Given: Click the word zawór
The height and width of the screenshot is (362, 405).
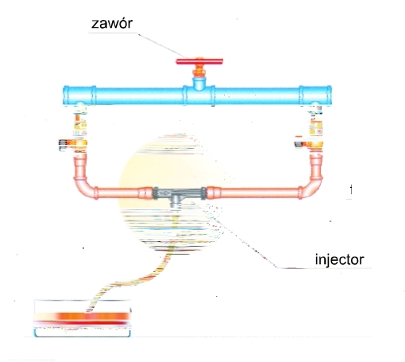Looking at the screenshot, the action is tap(112, 23).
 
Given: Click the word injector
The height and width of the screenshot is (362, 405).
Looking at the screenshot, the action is tap(340, 259).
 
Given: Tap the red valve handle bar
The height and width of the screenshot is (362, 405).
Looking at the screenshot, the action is tap(199, 61).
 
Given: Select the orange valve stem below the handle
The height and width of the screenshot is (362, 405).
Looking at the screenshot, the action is tap(199, 72).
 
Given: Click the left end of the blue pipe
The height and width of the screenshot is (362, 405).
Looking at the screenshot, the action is tap(64, 95).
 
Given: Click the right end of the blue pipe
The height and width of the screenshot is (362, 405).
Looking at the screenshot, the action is tap(330, 95).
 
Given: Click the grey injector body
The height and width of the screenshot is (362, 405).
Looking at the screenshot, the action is tap(179, 193).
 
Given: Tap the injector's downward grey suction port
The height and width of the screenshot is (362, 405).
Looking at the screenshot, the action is tap(175, 202).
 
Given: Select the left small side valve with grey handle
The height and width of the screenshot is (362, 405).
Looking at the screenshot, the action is tap(73, 143).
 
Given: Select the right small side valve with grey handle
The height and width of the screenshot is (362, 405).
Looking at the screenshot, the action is tap(309, 144).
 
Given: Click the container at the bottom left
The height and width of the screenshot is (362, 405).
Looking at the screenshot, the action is tap(83, 318).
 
